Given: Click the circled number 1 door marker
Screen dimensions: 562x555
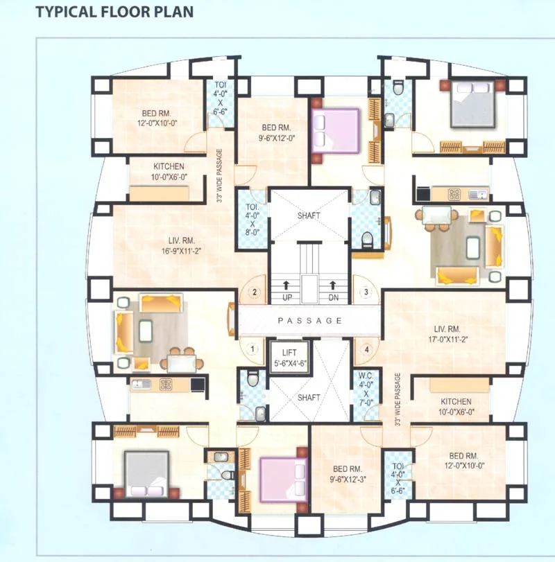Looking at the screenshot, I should click(x=254, y=349).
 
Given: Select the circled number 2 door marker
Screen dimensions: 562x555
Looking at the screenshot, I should click(x=255, y=292).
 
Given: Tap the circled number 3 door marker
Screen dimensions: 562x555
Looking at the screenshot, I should click(x=366, y=292).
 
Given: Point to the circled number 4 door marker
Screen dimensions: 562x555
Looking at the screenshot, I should click(x=366, y=349).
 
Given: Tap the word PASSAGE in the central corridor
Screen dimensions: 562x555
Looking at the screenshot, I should click(x=309, y=321).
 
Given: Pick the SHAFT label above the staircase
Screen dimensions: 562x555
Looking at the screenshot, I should click(x=309, y=216).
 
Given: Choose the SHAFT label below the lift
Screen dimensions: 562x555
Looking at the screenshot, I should click(x=309, y=398).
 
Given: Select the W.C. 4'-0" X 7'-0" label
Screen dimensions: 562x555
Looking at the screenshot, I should click(x=366, y=389).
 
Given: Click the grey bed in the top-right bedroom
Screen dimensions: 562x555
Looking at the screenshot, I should click(x=472, y=103).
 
